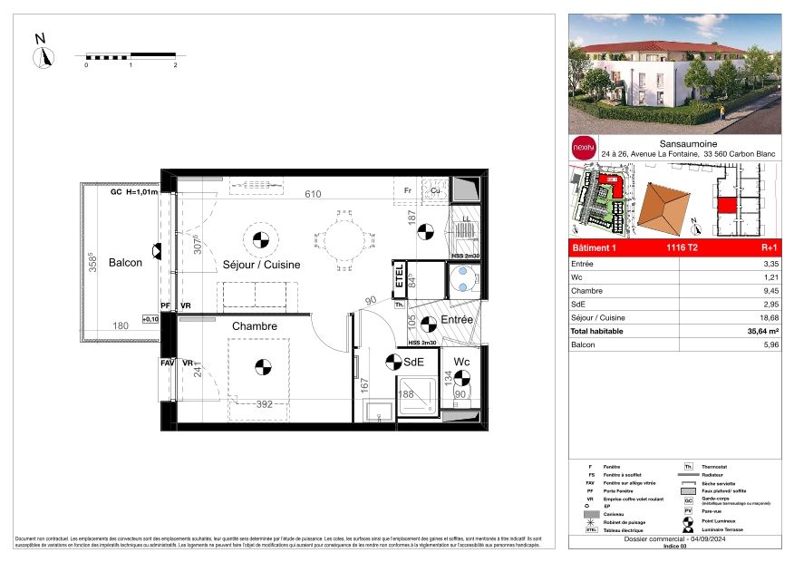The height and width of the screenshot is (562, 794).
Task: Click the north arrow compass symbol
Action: [x=42, y=56]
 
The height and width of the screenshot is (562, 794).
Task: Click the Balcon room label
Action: [x=126, y=263]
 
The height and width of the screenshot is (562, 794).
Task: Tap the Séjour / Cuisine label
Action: [x=261, y=265]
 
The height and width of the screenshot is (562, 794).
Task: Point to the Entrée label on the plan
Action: [x=458, y=321]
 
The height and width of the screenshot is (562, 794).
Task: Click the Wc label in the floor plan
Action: [x=461, y=362]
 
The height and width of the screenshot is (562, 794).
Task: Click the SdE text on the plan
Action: [x=415, y=362]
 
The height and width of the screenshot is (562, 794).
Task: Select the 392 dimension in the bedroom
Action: [x=265, y=404]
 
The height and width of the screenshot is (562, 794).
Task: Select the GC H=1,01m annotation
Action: [x=134, y=193]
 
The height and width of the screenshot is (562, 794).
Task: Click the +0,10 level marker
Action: [x=150, y=319]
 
